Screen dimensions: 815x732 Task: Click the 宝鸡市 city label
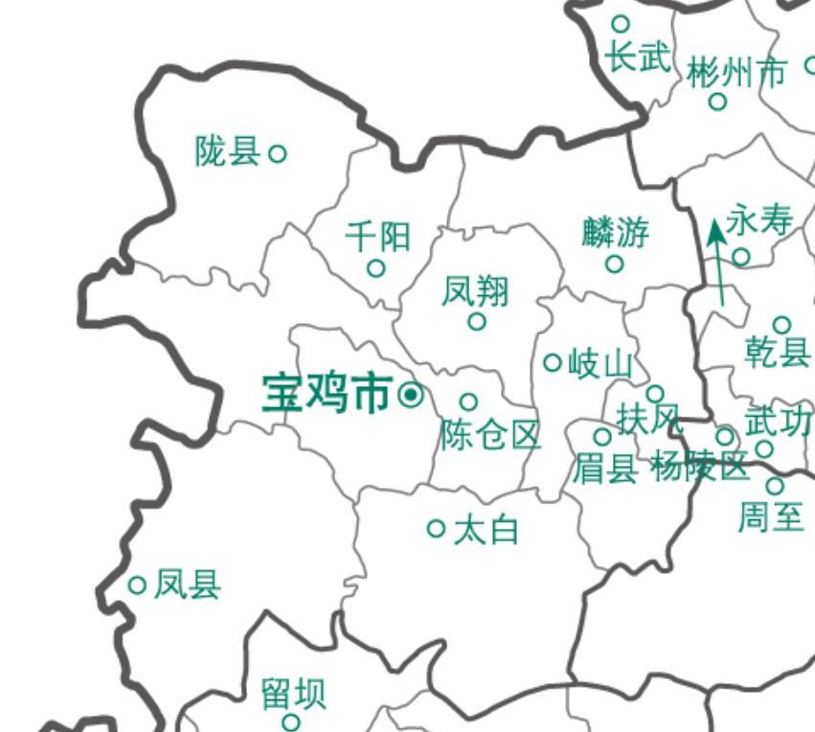[327, 394]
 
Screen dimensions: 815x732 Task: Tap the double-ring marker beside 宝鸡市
[411, 394]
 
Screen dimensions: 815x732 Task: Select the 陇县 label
[227, 150]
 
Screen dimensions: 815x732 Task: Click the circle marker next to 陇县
[277, 152]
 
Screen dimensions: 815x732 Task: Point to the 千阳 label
[377, 235]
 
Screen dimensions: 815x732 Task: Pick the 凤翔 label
[475, 290]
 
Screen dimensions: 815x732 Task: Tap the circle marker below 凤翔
[477, 322]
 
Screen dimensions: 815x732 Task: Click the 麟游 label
[615, 231]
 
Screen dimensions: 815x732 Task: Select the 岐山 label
[600, 363]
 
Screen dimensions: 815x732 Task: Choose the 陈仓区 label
[490, 435]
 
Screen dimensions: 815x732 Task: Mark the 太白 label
[486, 529]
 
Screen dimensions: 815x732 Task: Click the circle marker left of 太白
[437, 528]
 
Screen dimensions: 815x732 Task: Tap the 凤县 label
[188, 583]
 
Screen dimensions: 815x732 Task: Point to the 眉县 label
[604, 469]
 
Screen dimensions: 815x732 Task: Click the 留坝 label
[293, 694]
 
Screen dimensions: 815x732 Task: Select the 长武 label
[637, 57]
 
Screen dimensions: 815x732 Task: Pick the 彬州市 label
[736, 71]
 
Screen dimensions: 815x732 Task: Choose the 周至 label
[770, 517]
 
